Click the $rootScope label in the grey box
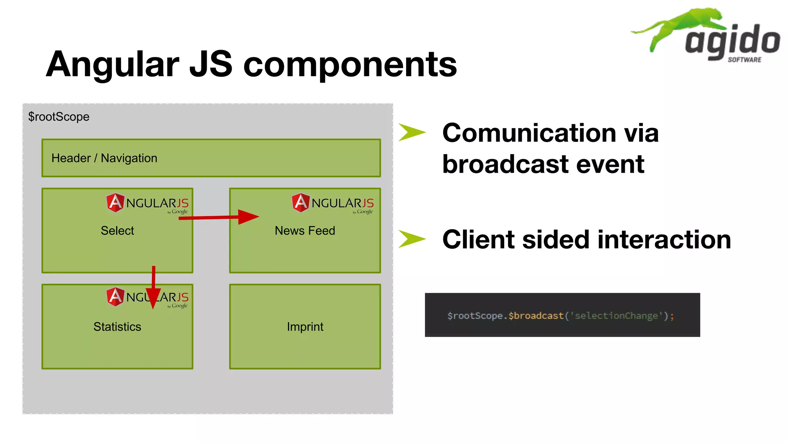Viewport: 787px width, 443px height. pos(58,117)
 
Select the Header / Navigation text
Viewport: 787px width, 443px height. pos(104,158)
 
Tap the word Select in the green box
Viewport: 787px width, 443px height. pos(117,230)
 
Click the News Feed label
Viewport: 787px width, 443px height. pos(305,230)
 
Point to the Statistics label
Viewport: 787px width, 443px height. pos(117,326)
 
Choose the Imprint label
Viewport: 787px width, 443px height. pos(305,326)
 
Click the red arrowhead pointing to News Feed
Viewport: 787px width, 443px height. pos(247,217)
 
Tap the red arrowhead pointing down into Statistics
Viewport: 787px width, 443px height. pos(153,298)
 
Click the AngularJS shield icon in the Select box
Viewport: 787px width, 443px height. pos(115,203)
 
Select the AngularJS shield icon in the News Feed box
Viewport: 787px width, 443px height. pos(301,203)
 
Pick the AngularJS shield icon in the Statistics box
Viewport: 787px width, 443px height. pos(115,297)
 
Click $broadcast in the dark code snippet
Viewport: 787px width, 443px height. pos(536,316)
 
